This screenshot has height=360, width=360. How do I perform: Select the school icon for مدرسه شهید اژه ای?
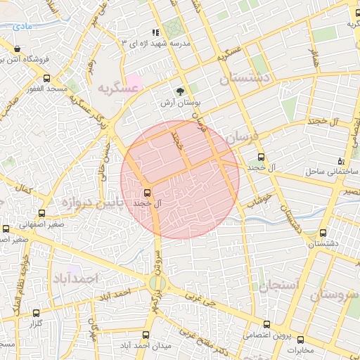[155, 32]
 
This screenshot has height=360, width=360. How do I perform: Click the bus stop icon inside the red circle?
[148, 192]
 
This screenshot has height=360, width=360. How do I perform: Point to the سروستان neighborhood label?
[333, 295]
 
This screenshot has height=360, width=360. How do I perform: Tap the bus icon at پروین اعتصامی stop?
[266, 324]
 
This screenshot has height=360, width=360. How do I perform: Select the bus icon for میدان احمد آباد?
[146, 335]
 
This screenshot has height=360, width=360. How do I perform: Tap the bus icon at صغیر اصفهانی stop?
[6, 229]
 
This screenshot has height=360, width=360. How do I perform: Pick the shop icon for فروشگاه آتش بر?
[17, 49]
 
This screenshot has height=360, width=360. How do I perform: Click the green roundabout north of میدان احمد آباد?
[157, 283]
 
